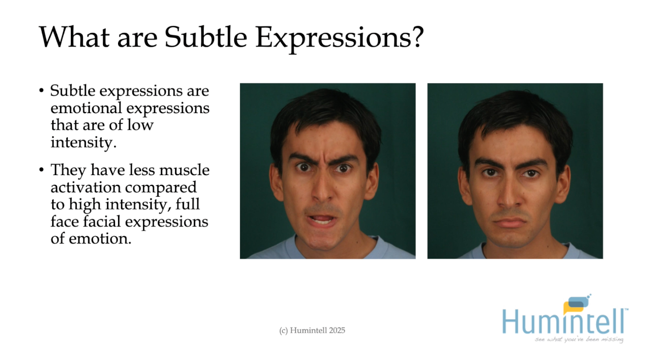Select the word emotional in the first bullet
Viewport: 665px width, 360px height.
83,108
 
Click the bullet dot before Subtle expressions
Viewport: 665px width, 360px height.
42,92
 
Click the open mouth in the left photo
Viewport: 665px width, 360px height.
322,219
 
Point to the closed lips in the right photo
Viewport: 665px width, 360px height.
511,222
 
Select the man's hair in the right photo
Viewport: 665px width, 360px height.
514,111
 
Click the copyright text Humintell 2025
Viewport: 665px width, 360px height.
312,330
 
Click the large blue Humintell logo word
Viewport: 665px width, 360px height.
564,322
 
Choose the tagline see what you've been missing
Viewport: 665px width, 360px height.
579,339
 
